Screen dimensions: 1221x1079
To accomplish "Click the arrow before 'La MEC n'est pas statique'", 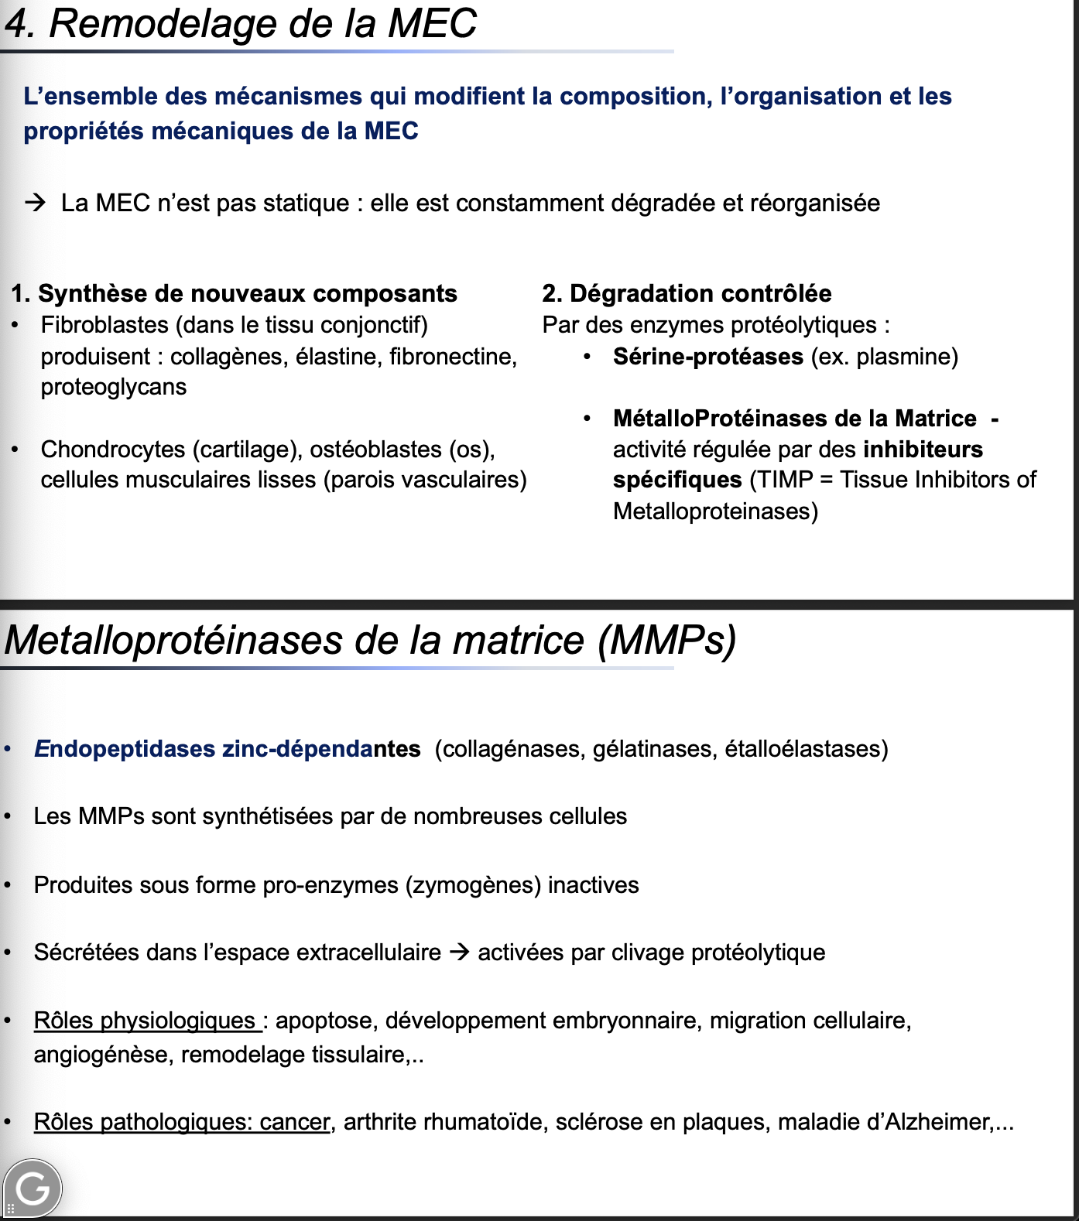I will tap(35, 203).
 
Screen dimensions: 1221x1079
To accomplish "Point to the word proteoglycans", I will tap(114, 387).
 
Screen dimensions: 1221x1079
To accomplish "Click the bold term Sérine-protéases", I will tap(707, 357).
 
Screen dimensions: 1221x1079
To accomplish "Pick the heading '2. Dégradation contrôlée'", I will tap(687, 293).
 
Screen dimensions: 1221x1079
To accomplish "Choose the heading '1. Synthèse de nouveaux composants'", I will tap(234, 293).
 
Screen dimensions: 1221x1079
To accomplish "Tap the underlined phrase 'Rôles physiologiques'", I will tap(145, 1021).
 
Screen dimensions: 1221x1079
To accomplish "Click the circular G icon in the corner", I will tap(33, 1189).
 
